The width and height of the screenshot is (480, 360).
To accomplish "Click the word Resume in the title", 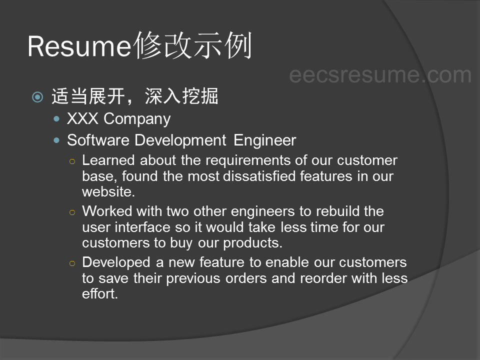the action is (x=79, y=46).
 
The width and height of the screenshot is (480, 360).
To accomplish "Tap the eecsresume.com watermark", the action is (x=380, y=75).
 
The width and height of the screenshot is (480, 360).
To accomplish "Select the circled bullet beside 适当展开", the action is (x=37, y=97).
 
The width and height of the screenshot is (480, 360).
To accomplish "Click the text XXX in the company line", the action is (x=82, y=118).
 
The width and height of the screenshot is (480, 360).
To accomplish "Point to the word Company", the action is (x=137, y=119).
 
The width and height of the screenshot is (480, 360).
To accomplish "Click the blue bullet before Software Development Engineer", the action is (x=56, y=140).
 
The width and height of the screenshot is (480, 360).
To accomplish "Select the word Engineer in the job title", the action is (x=265, y=141).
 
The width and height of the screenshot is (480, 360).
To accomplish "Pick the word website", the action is (x=108, y=192).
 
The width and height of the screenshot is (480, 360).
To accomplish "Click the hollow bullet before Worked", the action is (x=72, y=212).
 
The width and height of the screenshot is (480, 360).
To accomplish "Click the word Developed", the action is (x=116, y=262).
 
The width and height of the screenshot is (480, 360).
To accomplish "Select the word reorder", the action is (x=323, y=278).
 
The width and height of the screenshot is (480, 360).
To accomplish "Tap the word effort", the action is (x=100, y=294).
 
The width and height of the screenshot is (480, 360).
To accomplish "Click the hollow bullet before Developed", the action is (x=72, y=263).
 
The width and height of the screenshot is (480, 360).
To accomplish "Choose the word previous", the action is (x=193, y=279).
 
